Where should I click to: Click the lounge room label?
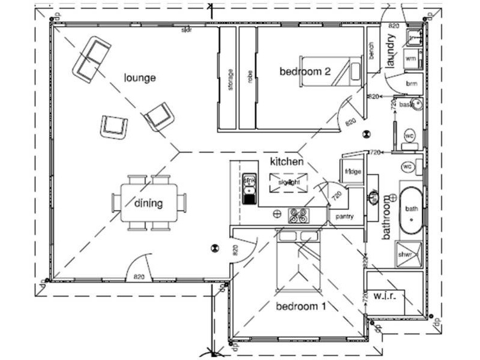[x=140, y=77]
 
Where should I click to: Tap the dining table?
[x=148, y=203]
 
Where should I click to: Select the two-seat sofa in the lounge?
[x=91, y=59]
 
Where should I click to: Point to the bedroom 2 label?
[x=305, y=71]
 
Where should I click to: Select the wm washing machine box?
[x=411, y=58]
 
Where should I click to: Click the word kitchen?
[x=286, y=161]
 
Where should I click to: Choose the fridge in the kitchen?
[x=352, y=172]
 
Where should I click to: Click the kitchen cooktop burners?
[x=298, y=214]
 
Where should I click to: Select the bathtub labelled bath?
[x=412, y=209]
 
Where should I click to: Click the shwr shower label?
[x=413, y=254]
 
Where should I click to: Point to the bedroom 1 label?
[x=301, y=307]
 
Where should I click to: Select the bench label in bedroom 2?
[x=372, y=54]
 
